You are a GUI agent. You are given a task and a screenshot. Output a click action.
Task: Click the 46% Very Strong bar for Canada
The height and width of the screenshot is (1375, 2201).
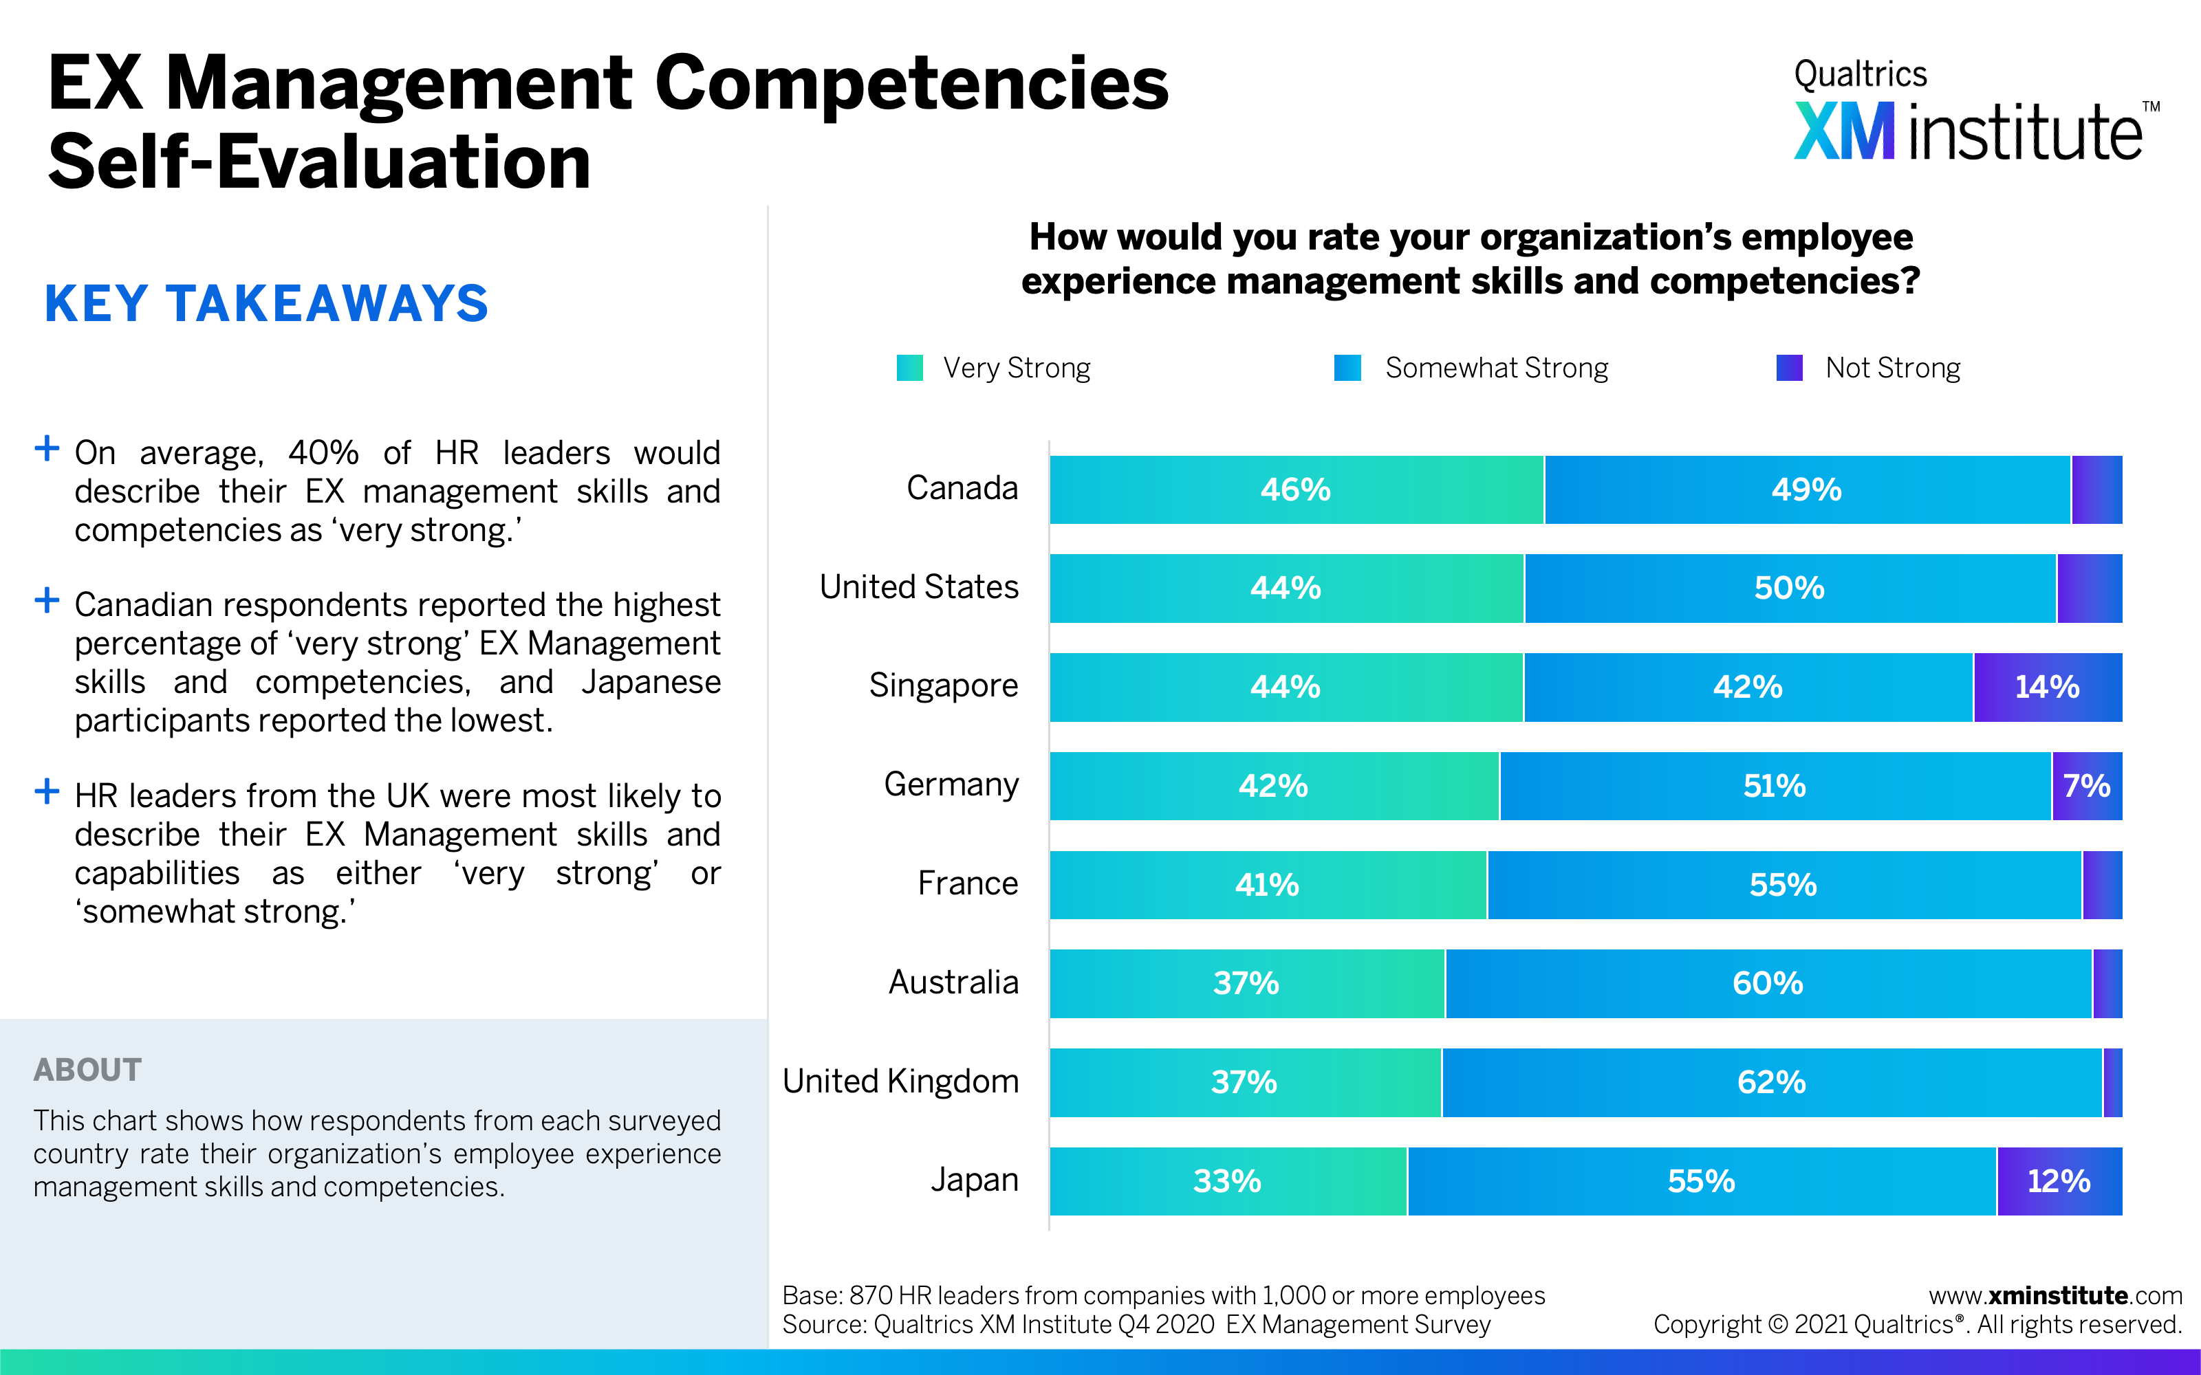click(x=1296, y=490)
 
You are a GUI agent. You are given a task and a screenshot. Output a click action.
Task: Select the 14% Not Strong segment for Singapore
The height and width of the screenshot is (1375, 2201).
click(x=2048, y=687)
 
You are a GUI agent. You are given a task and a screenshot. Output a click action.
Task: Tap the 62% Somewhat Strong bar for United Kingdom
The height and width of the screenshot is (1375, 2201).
click(x=1771, y=1082)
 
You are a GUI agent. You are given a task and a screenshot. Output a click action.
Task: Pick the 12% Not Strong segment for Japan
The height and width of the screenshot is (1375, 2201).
click(x=2059, y=1181)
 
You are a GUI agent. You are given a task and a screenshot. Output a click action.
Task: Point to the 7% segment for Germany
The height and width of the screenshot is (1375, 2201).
click(x=2086, y=786)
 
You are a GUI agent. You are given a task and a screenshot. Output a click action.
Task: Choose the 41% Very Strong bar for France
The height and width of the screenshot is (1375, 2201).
click(x=1267, y=885)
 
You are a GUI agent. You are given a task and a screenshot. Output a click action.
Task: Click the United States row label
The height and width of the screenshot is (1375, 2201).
click(x=919, y=587)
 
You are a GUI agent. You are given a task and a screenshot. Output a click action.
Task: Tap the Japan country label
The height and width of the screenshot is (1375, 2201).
click(x=974, y=1180)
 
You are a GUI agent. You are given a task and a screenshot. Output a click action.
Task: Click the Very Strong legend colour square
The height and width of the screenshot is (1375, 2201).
click(x=909, y=368)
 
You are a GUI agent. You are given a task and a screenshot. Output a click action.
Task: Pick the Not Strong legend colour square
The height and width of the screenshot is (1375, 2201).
click(x=1789, y=368)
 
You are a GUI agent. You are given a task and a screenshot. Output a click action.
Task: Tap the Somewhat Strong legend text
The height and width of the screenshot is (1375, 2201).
click(x=1496, y=368)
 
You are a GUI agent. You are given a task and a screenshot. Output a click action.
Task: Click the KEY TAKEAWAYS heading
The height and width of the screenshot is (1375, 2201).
click(x=266, y=304)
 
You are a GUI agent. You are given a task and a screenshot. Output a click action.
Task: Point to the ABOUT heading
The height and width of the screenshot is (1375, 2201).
click(x=87, y=1070)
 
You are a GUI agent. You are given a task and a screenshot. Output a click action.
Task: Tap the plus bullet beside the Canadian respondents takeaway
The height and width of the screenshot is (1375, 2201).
click(x=46, y=600)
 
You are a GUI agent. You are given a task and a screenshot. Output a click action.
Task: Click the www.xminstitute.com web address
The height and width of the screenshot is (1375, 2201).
click(x=2054, y=1296)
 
